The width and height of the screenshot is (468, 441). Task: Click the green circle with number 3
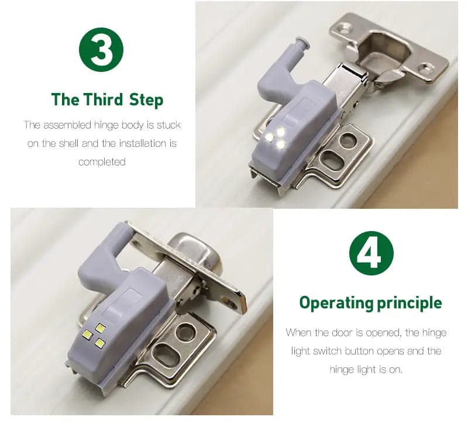point(101,50)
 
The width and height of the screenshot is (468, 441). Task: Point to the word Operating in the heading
point(336,303)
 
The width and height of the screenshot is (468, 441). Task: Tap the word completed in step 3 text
point(102,162)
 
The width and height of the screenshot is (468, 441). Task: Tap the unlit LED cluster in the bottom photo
point(94,336)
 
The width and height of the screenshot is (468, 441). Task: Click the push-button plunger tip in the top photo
point(302,42)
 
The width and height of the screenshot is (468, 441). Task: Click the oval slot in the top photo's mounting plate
point(332,160)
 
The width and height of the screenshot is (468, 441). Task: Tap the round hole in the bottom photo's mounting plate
point(186,333)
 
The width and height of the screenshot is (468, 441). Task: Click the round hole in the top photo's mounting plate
point(348,140)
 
